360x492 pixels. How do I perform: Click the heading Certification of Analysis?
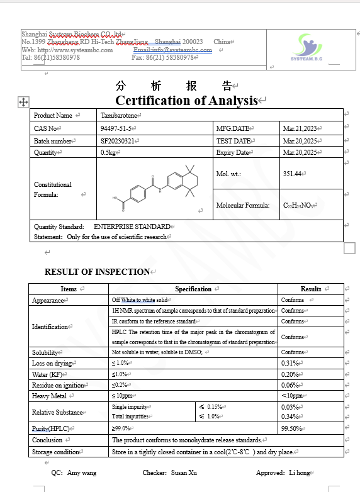pyautogui.click(x=187, y=101)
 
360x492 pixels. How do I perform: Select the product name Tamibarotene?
pyautogui.click(x=120, y=115)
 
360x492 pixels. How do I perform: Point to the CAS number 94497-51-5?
pyautogui.click(x=116, y=128)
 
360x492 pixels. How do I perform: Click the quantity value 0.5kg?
pyautogui.click(x=108, y=153)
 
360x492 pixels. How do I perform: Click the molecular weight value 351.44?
pyautogui.click(x=293, y=174)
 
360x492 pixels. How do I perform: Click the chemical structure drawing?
pyautogui.click(x=155, y=187)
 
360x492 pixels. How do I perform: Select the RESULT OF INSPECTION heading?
pyautogui.click(x=97, y=272)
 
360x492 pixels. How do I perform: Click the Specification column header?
pyautogui.click(x=193, y=289)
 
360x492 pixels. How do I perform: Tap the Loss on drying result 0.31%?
pyautogui.click(x=290, y=363)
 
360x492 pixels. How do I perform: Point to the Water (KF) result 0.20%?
pyautogui.click(x=290, y=374)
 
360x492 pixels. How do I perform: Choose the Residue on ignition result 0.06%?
pyautogui.click(x=290, y=385)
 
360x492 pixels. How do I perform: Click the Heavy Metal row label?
pyautogui.click(x=50, y=396)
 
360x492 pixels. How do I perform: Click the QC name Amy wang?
pyautogui.click(x=82, y=472)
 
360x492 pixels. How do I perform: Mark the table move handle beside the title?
pyautogui.click(x=23, y=101)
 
